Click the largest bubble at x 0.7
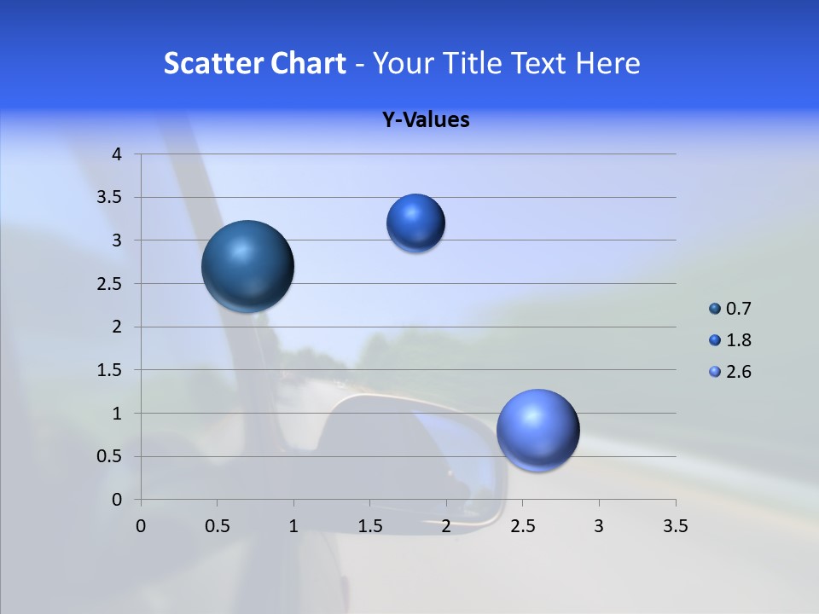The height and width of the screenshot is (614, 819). coord(248,266)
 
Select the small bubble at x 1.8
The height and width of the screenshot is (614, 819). coord(415,223)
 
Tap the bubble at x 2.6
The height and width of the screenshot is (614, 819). coord(537,430)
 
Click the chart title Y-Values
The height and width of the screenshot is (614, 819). coord(426,120)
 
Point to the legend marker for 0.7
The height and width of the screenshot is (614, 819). coord(715,309)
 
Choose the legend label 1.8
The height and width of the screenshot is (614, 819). coord(739,340)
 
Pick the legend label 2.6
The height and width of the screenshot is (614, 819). coord(739,372)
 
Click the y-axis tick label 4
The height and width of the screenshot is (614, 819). coord(117,154)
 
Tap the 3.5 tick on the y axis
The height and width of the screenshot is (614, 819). coord(111,198)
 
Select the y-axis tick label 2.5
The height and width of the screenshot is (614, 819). coord(111,284)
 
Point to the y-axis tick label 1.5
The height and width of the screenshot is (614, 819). coord(111,370)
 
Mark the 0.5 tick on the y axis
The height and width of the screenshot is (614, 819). coord(111,456)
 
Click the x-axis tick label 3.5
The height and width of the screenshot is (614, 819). coord(675,526)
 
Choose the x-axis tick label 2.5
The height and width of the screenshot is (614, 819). coord(522,526)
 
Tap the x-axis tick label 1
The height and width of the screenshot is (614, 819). coord(293,526)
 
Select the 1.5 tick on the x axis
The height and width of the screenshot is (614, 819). coord(369,526)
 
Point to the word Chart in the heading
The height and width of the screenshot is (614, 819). coord(309,63)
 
